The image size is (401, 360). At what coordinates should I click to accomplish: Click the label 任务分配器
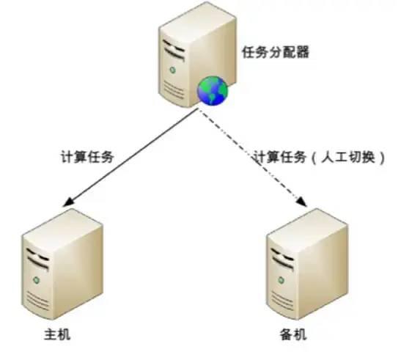click(x=276, y=52)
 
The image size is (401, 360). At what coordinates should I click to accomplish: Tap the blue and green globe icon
click(x=213, y=91)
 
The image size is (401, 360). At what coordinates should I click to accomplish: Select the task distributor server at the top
click(x=197, y=55)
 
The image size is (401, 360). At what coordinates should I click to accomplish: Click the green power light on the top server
click(x=172, y=70)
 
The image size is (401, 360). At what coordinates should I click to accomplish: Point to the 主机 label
click(x=57, y=334)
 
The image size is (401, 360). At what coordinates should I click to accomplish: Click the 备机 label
click(x=293, y=334)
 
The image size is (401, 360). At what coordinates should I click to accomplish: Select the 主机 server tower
click(x=62, y=263)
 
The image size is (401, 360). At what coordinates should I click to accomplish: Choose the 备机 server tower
click(x=307, y=263)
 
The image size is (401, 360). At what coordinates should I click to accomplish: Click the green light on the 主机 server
click(x=37, y=280)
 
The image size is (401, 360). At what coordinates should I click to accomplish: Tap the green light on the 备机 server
click(x=282, y=280)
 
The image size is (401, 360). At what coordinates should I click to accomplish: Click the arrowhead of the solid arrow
click(x=67, y=202)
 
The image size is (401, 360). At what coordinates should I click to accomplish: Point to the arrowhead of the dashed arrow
click(x=302, y=202)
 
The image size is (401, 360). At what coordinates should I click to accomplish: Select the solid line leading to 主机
click(x=130, y=158)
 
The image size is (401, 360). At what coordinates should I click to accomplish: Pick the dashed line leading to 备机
click(x=253, y=158)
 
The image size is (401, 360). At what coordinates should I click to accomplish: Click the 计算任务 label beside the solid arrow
click(x=87, y=156)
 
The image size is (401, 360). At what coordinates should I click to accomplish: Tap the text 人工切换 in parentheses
click(x=348, y=156)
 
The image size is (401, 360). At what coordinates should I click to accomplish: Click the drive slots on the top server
click(x=174, y=50)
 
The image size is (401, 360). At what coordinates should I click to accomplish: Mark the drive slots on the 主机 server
click(x=38, y=258)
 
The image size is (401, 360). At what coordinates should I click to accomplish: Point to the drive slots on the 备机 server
click(x=282, y=258)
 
